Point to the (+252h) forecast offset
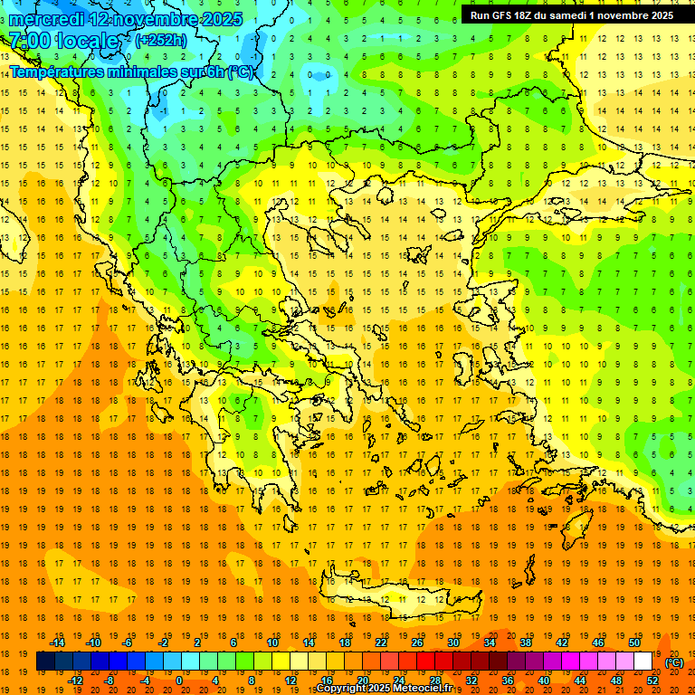161,41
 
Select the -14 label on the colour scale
57,643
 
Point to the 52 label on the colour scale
652,680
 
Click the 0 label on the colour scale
179,680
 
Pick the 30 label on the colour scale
453,643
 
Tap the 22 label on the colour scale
381,643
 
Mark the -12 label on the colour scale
75,680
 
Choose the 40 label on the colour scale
544,680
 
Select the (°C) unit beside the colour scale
673,662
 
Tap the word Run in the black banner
481,15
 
